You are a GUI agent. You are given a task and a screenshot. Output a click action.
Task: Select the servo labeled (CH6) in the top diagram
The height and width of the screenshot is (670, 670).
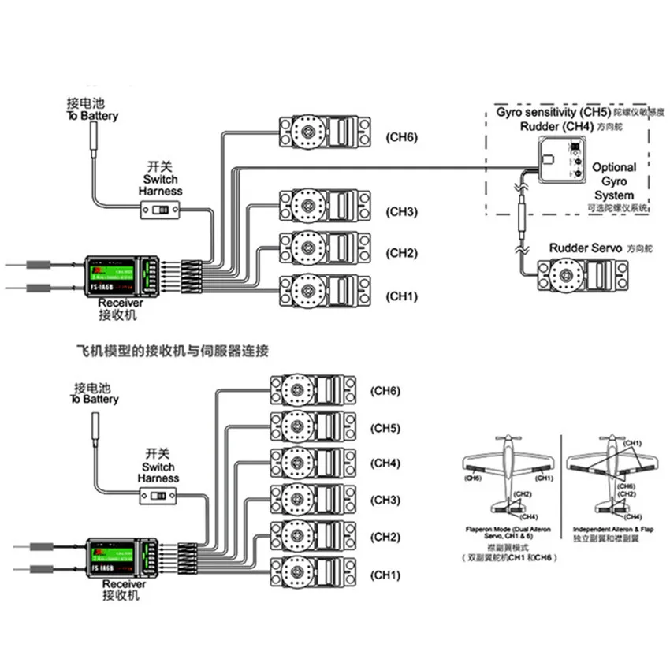(323, 134)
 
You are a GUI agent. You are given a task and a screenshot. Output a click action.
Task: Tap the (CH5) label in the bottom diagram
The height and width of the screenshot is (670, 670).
(386, 429)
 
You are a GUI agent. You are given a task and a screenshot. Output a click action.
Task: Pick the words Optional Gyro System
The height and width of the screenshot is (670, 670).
(613, 181)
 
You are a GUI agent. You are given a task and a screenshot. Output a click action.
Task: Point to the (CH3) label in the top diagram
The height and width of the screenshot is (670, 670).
(401, 212)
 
